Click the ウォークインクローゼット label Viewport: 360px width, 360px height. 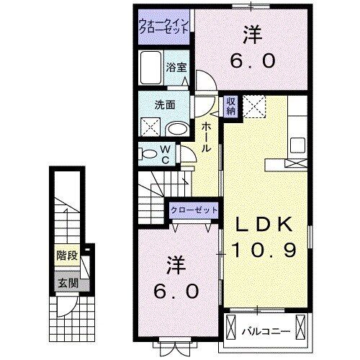[x=165, y=27]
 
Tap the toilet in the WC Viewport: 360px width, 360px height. [x=148, y=153]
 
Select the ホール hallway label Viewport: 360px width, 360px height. [x=207, y=137]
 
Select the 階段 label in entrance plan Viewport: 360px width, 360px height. [x=68, y=255]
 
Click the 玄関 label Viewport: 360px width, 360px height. [x=68, y=283]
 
